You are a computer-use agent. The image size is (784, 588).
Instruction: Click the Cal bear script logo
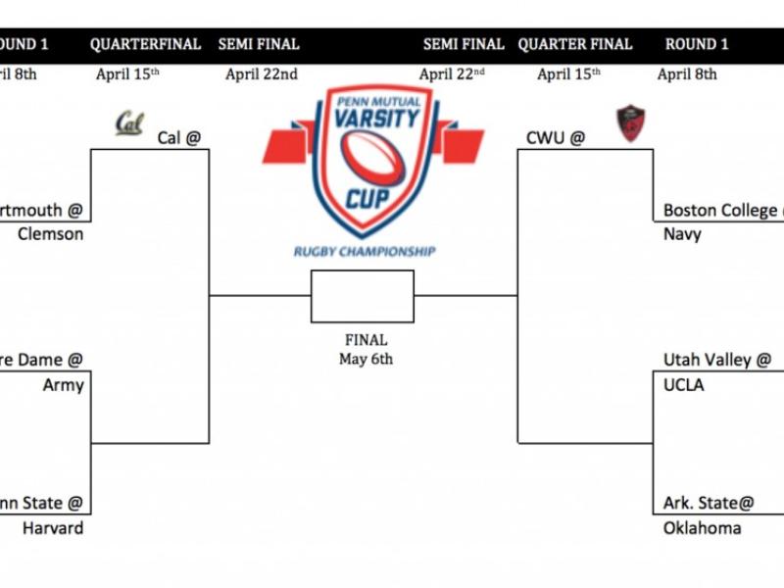(x=129, y=122)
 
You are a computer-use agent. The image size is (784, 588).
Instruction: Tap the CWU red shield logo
(x=628, y=123)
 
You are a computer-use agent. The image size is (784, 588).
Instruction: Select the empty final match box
(x=363, y=296)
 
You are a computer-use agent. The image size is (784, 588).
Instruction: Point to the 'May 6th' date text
(x=366, y=359)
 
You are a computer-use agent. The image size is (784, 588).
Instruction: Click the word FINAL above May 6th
(x=366, y=340)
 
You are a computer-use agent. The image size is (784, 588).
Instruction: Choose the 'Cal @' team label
(x=178, y=138)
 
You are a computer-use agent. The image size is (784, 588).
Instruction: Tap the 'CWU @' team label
(x=555, y=138)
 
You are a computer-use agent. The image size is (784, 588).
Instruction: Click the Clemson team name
(x=51, y=234)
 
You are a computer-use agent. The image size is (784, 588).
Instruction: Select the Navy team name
(x=682, y=234)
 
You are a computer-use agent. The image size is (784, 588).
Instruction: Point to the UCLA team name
(x=684, y=385)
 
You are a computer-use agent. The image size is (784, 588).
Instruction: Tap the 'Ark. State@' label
(x=709, y=503)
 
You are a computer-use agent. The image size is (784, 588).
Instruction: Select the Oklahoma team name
(x=702, y=528)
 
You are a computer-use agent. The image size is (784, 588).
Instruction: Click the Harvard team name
(x=53, y=528)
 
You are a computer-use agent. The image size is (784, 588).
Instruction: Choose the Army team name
(x=63, y=385)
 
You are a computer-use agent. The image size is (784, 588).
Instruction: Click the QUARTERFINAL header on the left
(x=145, y=44)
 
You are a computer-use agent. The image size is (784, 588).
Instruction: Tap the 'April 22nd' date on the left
(x=262, y=73)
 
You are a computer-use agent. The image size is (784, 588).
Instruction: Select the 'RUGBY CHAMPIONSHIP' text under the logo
(x=365, y=252)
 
